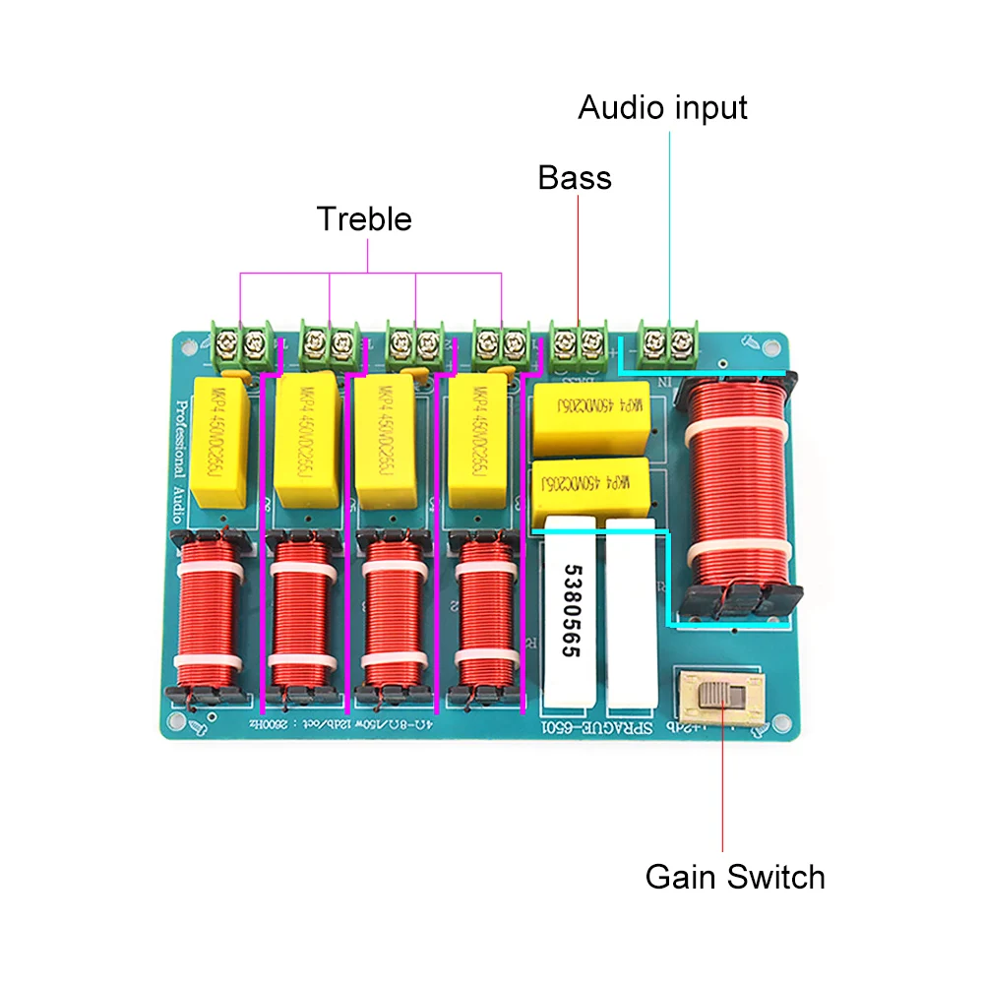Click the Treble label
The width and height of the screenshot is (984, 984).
pyautogui.click(x=364, y=218)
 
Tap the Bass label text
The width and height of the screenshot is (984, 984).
pyautogui.click(x=575, y=178)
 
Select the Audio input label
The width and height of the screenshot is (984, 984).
pyautogui.click(x=662, y=107)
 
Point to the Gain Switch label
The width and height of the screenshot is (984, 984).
pyautogui.click(x=735, y=876)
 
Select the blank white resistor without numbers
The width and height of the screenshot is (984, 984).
pyautogui.click(x=630, y=619)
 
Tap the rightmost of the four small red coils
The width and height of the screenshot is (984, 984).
pyautogui.click(x=483, y=617)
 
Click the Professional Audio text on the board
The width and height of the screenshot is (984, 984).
pyautogui.click(x=182, y=454)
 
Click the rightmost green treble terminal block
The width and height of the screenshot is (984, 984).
pyautogui.click(x=500, y=344)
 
